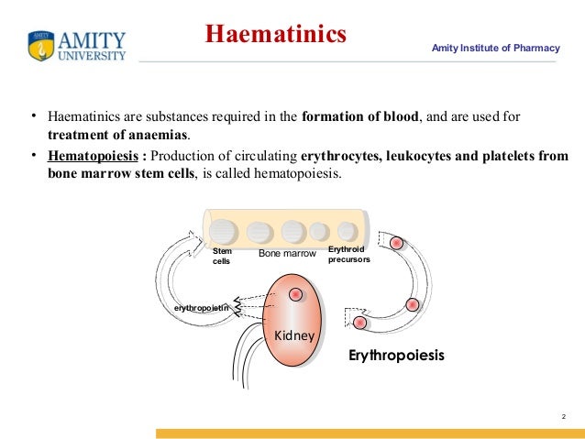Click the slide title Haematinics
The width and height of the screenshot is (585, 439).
pos(275,35)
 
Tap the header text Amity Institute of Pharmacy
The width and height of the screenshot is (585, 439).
pos(495,47)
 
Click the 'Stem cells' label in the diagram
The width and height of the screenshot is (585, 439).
pos(222,256)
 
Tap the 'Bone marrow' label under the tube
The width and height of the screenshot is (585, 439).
pos(287,252)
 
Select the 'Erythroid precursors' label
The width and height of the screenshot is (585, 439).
pos(348,254)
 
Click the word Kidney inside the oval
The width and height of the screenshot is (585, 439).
pos(294,336)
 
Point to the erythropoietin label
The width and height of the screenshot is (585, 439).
pos(202,308)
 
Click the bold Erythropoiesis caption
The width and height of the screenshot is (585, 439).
pos(396,355)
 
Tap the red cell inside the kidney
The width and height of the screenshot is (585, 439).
pos(295,294)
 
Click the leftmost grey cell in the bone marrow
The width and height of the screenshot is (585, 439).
pos(222,230)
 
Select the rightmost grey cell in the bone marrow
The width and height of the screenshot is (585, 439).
pos(348,231)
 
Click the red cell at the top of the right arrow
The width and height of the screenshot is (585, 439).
pos(396,243)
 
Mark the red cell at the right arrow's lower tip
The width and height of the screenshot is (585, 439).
pos(360,323)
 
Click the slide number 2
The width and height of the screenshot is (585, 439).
pos(561,418)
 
